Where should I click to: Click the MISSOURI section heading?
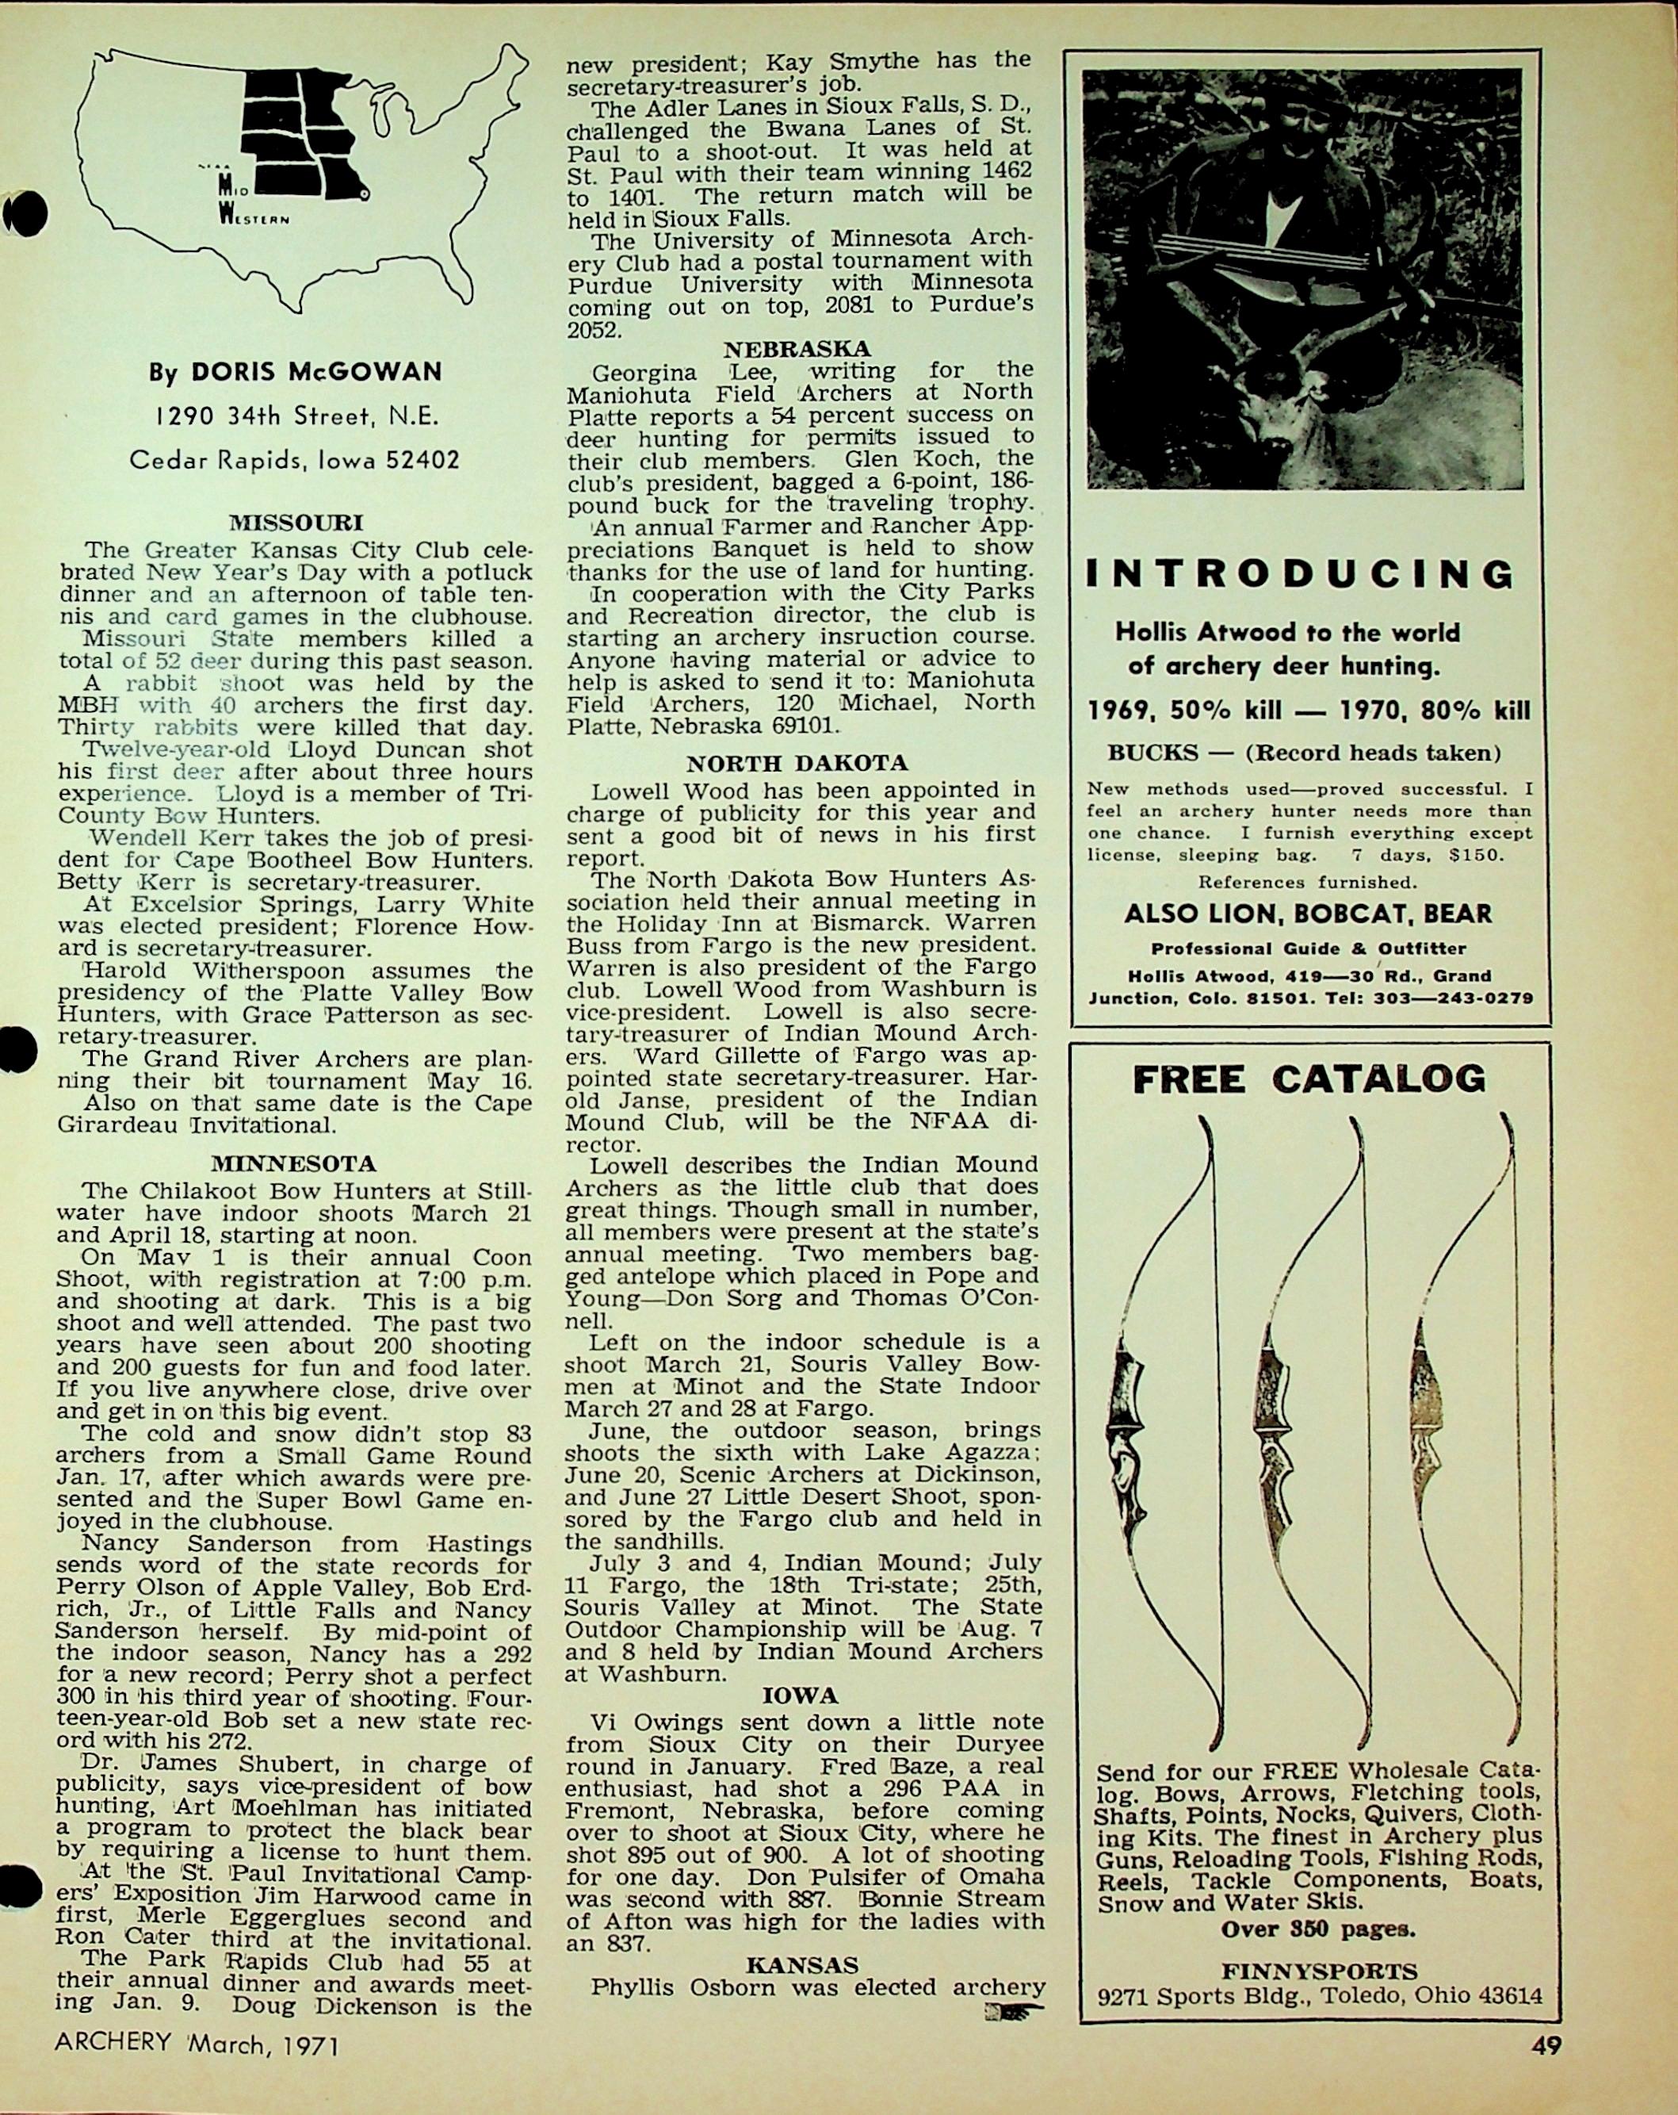click(x=295, y=523)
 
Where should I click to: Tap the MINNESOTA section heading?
click(x=293, y=1164)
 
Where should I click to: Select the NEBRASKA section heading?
click(x=797, y=348)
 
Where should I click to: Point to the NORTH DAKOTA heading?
click(x=797, y=763)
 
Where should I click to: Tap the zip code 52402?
click(x=425, y=459)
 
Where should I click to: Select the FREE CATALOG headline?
click(x=1309, y=1080)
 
